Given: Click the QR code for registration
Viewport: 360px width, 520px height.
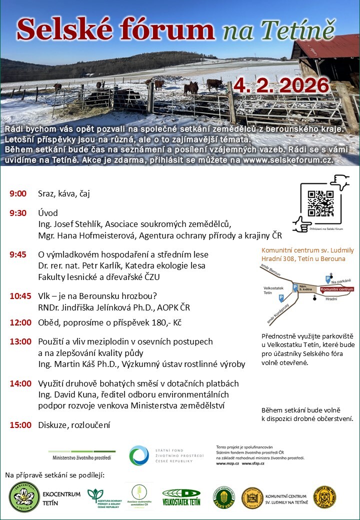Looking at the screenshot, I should tap(320, 204).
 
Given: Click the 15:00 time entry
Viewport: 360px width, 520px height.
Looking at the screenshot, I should tap(20, 425).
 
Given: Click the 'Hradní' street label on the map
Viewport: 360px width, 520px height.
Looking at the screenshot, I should tap(330, 298).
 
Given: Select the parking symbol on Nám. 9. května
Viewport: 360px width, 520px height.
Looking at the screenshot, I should tap(295, 287).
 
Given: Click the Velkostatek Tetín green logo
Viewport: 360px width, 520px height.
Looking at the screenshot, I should tap(181, 497).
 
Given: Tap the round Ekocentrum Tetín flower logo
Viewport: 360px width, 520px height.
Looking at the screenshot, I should tap(24, 497).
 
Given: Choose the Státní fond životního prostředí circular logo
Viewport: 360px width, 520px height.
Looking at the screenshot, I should tap(139, 456).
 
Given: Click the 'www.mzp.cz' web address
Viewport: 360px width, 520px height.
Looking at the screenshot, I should tap(226, 463).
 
